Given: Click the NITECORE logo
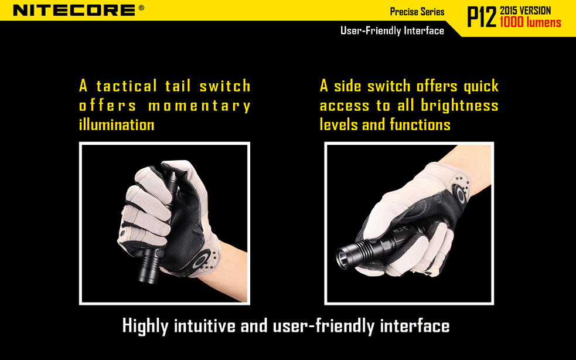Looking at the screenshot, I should (74, 10).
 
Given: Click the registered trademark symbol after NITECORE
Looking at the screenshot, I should (141, 8).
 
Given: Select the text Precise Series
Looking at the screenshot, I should (417, 12).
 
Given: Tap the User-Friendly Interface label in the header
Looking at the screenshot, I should (392, 30).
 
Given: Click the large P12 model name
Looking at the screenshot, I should (481, 18).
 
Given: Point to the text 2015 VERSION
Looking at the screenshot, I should (526, 11).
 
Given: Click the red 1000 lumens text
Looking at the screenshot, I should (530, 23).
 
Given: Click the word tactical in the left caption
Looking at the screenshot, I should (127, 86).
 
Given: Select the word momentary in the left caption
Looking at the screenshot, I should (199, 106).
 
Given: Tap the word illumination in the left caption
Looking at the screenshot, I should (117, 124).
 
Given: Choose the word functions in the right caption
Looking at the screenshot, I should (422, 124).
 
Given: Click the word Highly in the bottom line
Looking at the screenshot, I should (146, 326).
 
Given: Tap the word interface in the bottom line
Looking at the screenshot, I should (414, 326).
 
